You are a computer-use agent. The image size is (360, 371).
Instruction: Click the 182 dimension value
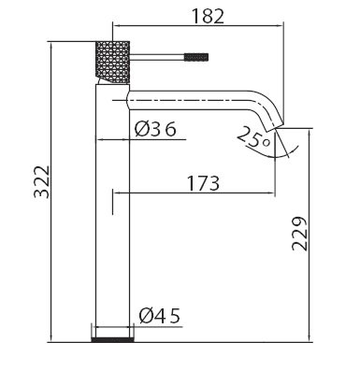pos(208,16)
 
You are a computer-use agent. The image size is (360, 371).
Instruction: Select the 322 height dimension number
pos(41,182)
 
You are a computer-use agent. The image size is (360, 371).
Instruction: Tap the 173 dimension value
pos(203,183)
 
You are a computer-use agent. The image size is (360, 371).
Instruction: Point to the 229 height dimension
pos(299,234)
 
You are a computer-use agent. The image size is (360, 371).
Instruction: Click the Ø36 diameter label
pos(155,129)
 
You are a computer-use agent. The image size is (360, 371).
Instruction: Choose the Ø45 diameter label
pos(160,316)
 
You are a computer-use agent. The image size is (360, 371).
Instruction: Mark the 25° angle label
pos(253,137)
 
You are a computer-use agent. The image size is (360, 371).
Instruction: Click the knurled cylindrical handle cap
pos(112,62)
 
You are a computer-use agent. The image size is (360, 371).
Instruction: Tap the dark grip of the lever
pos(196,57)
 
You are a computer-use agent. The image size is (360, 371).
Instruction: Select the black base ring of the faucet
pos(113,339)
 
